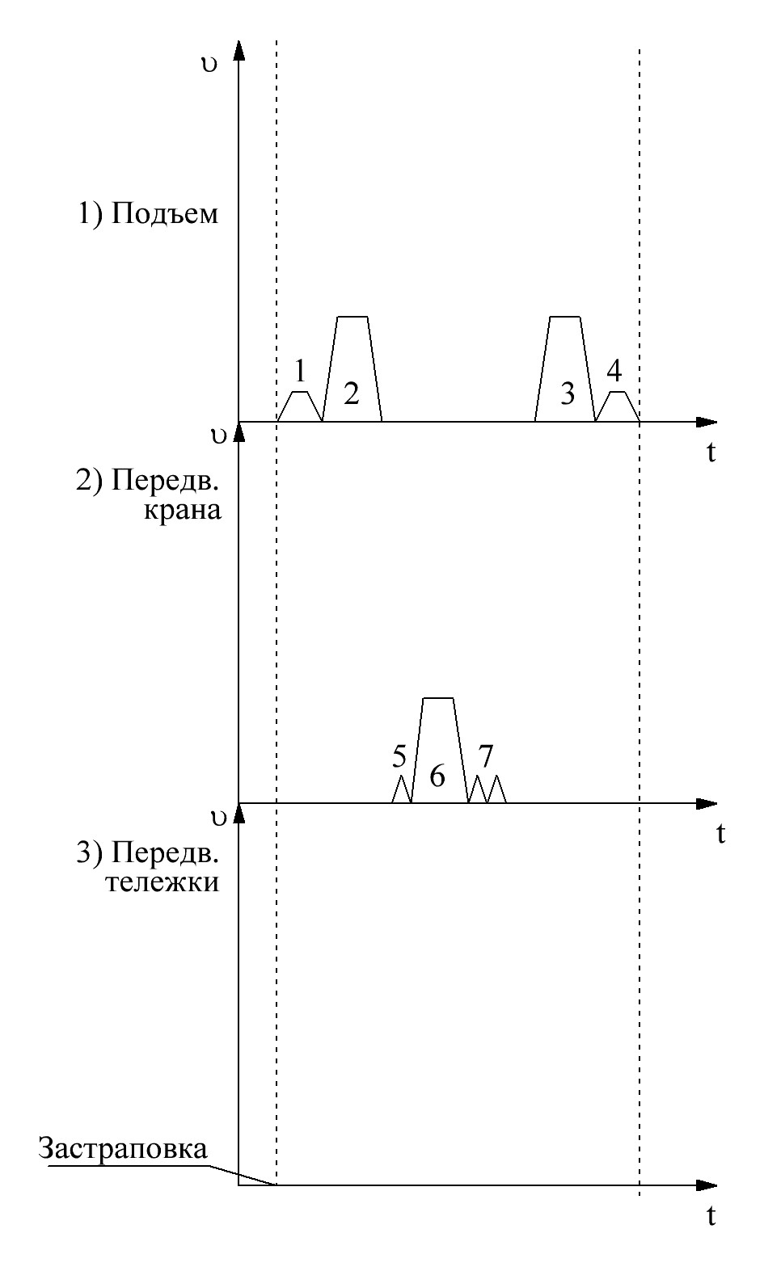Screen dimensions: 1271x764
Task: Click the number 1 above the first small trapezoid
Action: pos(300,372)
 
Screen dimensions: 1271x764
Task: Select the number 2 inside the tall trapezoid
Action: pos(351,394)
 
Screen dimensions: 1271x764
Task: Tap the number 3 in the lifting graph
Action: pos(567,394)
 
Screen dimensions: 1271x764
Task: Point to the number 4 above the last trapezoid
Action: pos(614,372)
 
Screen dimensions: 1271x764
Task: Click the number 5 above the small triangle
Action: pos(399,757)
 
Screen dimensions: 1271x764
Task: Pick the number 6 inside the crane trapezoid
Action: pos(437,776)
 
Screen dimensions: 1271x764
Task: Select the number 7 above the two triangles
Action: pos(485,757)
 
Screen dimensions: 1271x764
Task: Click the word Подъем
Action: pos(165,215)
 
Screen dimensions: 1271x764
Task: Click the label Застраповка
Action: pos(122,1149)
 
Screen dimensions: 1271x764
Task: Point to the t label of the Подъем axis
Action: pos(711,452)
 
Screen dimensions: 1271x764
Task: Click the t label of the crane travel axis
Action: pos(720,833)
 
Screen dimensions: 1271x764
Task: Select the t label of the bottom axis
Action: pos(711,1216)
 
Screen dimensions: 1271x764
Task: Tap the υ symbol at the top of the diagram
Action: pos(210,65)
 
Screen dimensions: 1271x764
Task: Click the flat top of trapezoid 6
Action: pos(438,698)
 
